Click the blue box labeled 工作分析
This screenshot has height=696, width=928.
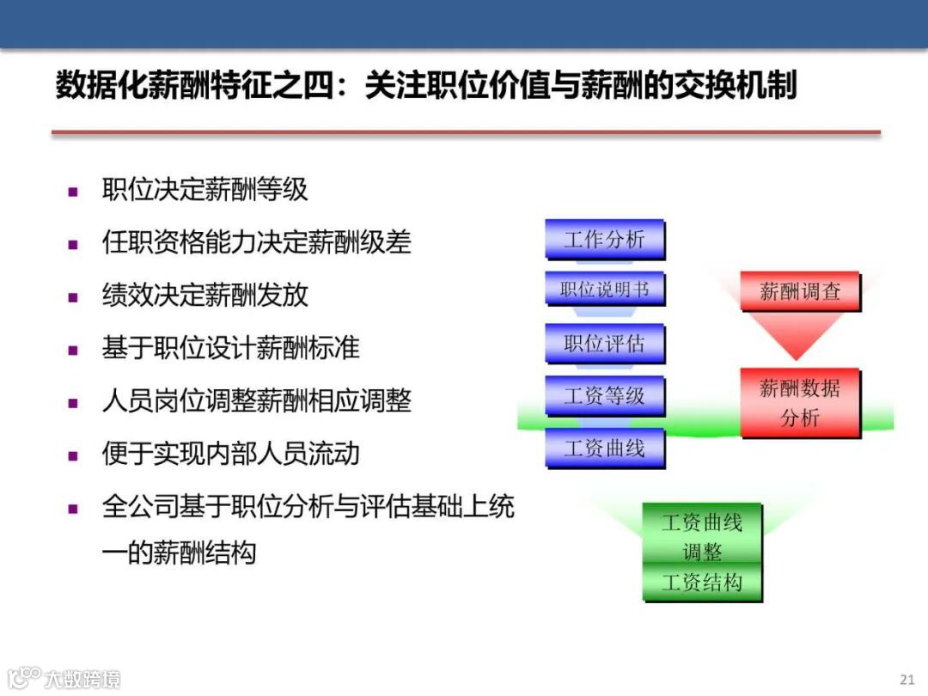click(605, 239)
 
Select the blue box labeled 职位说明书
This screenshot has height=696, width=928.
click(605, 290)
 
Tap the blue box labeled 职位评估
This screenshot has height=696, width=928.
click(605, 344)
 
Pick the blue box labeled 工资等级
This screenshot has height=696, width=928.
click(605, 396)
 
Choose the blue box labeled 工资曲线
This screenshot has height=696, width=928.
click(605, 448)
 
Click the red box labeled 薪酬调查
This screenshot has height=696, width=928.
click(799, 292)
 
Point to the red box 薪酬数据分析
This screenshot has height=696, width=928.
click(799, 403)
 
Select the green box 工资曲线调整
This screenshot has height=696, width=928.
click(702, 536)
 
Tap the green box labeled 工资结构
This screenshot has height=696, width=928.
click(702, 583)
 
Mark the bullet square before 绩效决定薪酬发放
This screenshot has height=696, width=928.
click(73, 297)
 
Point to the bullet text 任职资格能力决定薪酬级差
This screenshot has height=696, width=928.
click(256, 242)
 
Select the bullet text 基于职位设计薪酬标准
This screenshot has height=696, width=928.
click(230, 348)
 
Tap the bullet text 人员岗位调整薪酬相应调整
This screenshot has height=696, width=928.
click(256, 400)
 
